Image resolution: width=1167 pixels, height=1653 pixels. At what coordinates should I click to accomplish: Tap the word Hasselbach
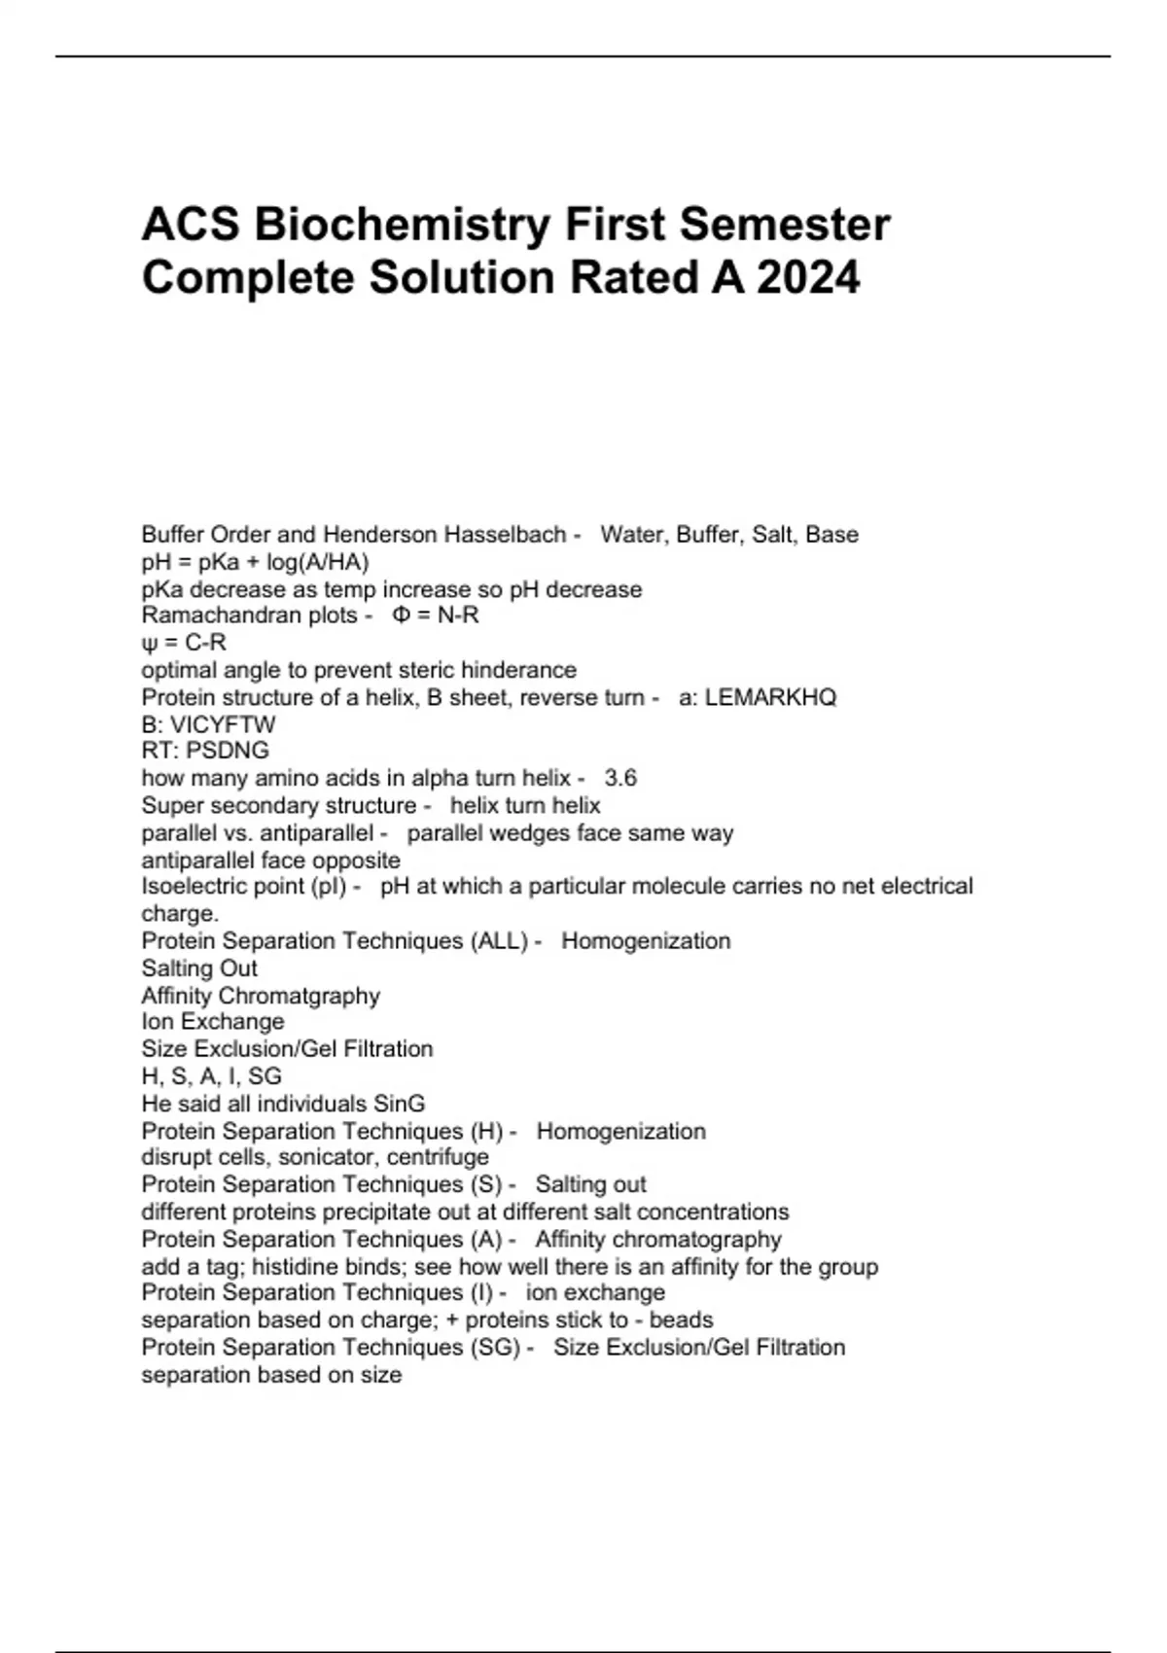505,535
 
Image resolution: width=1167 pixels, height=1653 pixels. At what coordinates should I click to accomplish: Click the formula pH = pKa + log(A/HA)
255,562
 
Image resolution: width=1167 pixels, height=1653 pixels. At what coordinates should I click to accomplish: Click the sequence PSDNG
228,751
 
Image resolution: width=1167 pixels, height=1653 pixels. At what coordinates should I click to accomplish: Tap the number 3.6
620,778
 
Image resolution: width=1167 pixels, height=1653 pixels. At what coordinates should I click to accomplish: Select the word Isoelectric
195,887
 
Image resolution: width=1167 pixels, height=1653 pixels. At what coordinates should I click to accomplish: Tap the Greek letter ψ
148,643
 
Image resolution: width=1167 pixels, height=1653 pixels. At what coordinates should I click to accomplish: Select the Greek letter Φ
401,615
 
